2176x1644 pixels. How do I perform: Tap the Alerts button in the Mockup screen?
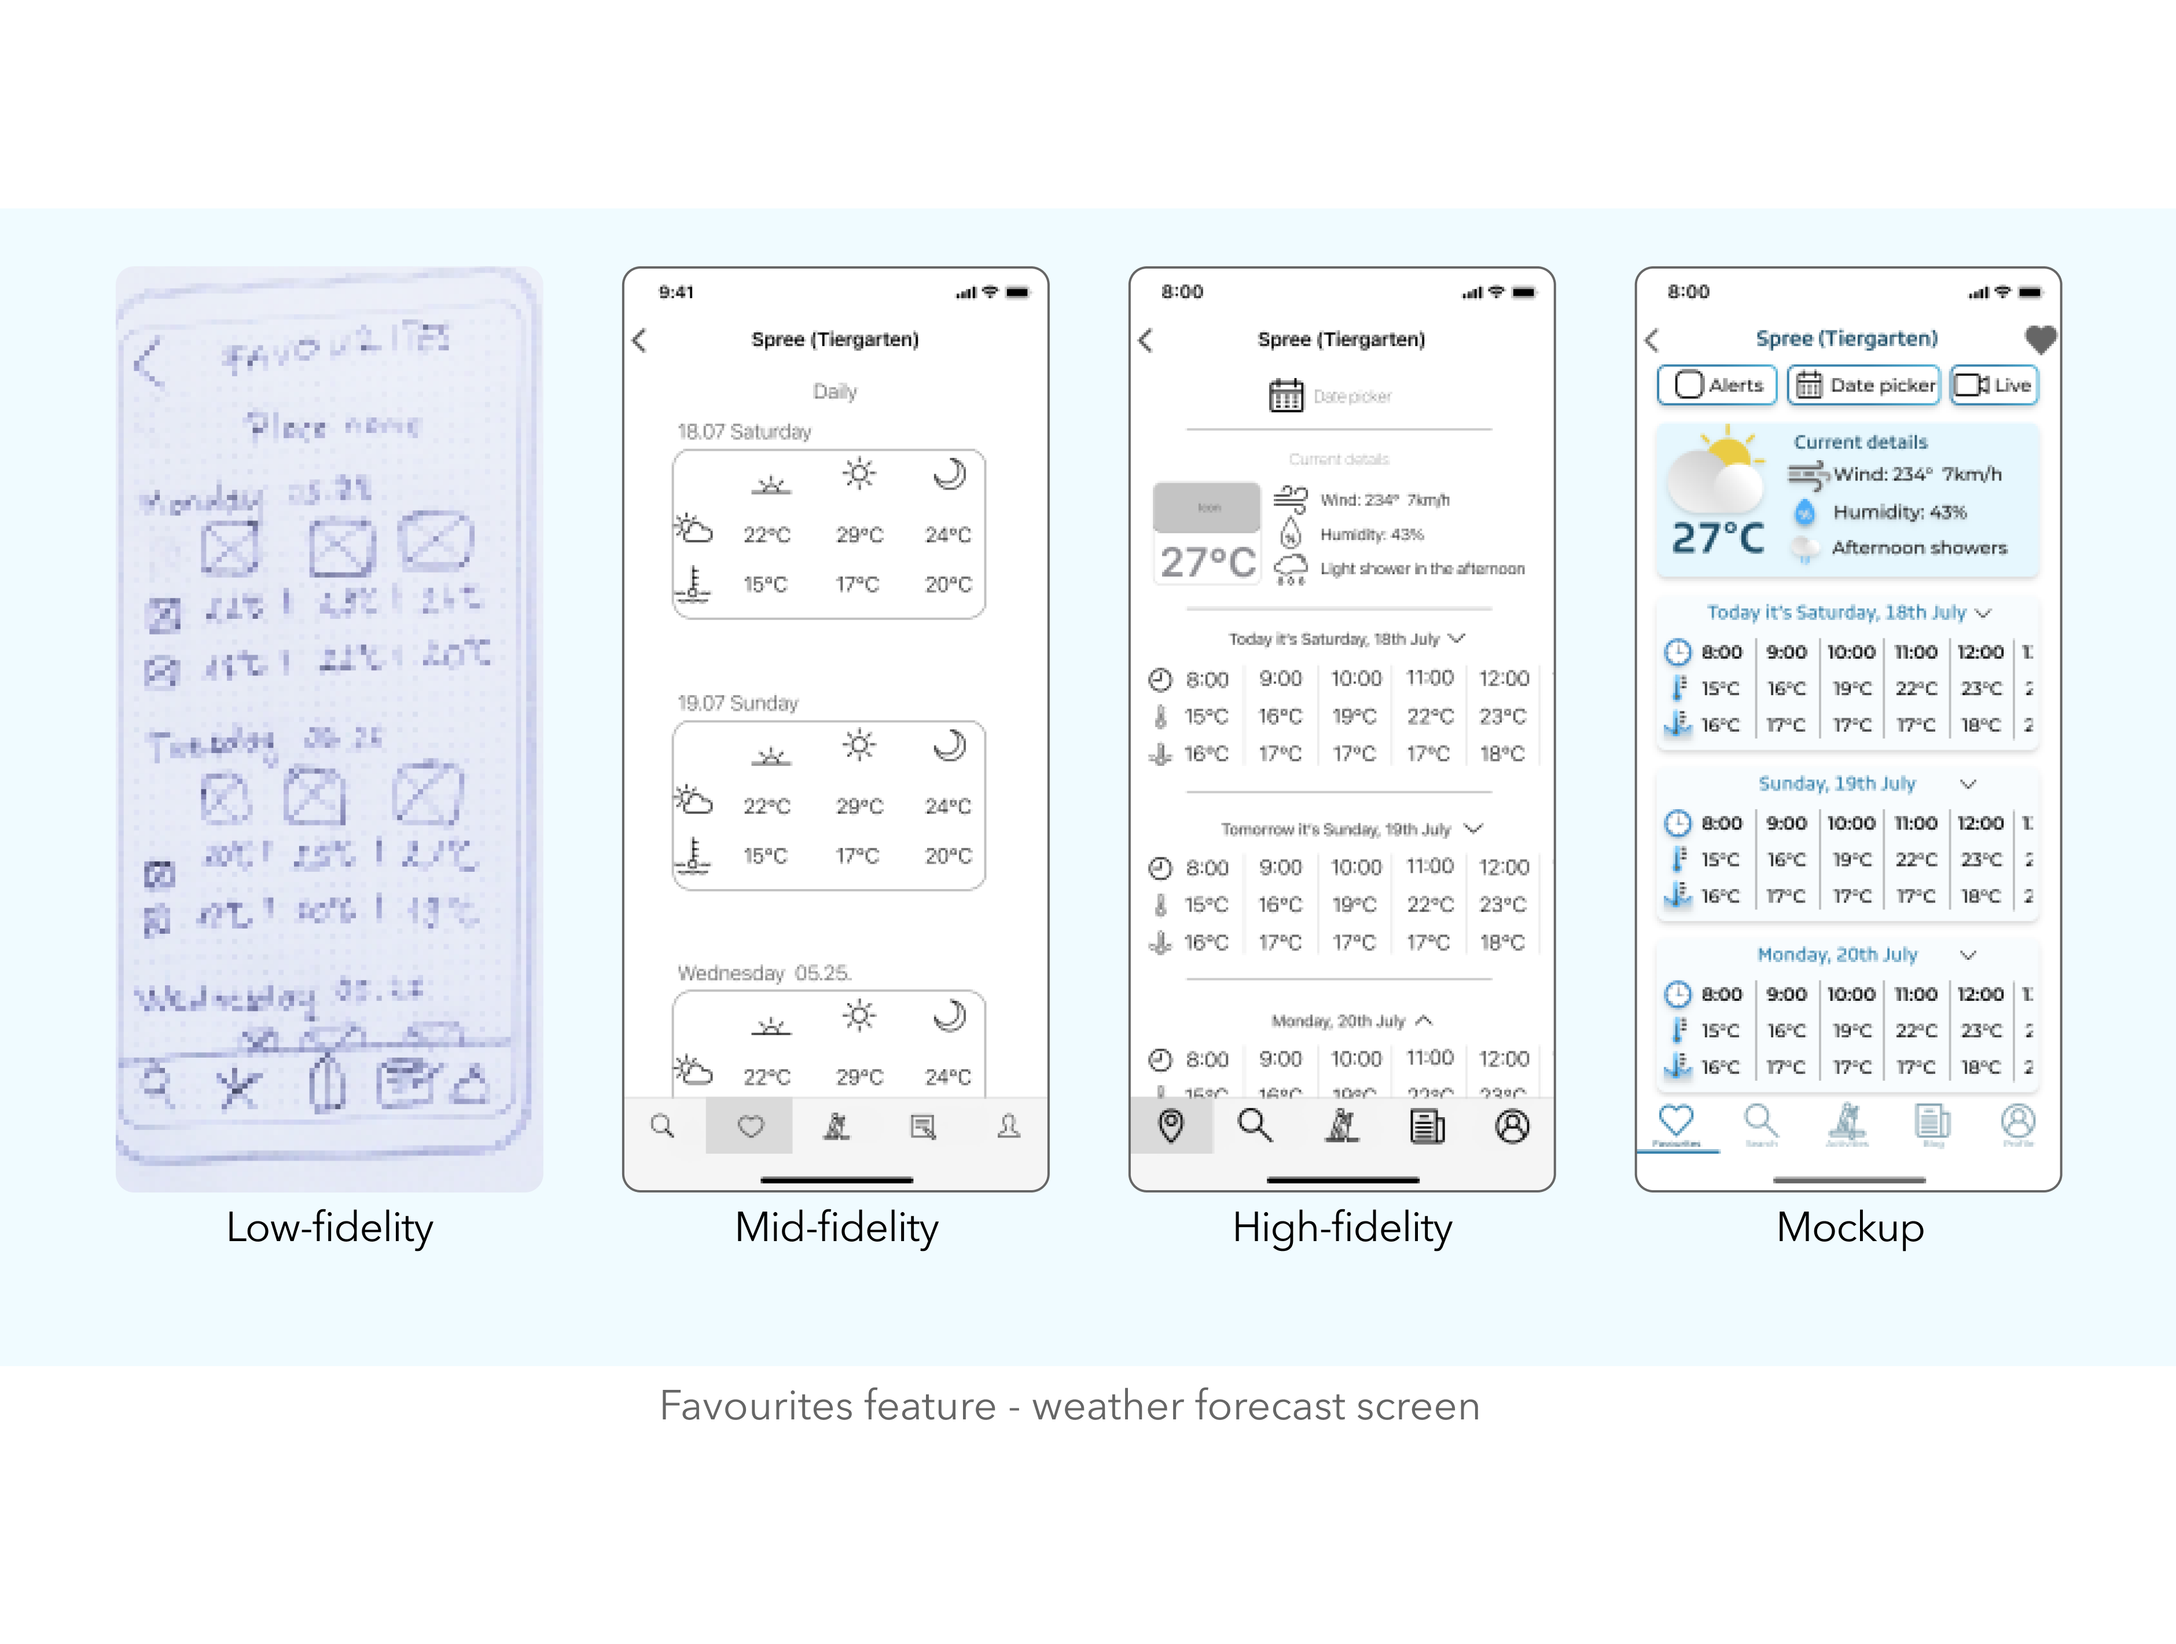[x=1716, y=385]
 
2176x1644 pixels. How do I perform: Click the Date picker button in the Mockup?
[x=1863, y=385]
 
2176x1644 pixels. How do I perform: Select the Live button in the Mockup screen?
[x=1994, y=385]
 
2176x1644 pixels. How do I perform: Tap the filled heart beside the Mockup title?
[x=2040, y=339]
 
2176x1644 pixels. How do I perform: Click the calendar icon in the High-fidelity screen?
[x=1285, y=395]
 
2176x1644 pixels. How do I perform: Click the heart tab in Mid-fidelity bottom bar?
[x=749, y=1125]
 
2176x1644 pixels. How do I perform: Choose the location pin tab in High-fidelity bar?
[x=1171, y=1125]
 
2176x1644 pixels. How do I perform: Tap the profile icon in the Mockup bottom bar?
[x=2017, y=1122]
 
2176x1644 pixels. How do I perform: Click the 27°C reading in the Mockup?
[x=1718, y=538]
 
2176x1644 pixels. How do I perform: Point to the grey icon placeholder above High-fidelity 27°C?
[x=1207, y=508]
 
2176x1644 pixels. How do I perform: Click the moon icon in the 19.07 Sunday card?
[x=949, y=746]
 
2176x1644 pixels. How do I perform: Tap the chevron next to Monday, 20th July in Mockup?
[x=1968, y=955]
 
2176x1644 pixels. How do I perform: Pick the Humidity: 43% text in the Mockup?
[x=1899, y=512]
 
